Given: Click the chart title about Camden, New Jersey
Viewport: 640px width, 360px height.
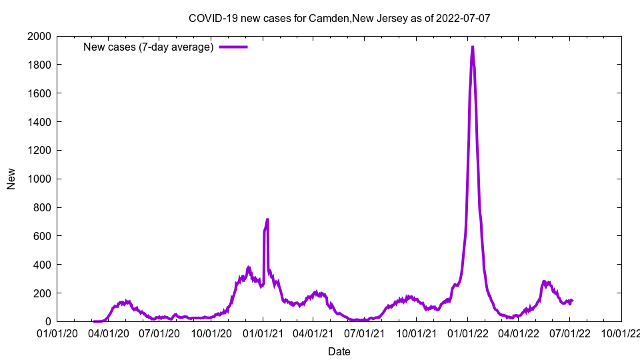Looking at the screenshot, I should pyautogui.click(x=339, y=18).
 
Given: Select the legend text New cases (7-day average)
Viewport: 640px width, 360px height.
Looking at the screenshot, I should pyautogui.click(x=148, y=47).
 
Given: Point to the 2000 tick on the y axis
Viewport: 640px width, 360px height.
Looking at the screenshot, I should pyautogui.click(x=41, y=36).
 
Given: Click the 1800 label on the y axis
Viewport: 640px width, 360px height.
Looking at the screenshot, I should pyautogui.click(x=41, y=65).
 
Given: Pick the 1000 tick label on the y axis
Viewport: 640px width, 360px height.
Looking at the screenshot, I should pyautogui.click(x=41, y=179).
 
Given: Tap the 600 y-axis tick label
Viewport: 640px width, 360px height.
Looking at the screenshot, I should pyautogui.click(x=44, y=236).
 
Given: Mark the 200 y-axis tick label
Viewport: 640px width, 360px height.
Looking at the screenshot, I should pyautogui.click(x=44, y=293).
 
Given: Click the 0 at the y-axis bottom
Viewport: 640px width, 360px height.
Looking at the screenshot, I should pyautogui.click(x=49, y=322).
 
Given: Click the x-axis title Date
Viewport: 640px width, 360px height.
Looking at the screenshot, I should pyautogui.click(x=339, y=351).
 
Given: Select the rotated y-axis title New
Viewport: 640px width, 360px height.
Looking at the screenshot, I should pyautogui.click(x=11, y=179).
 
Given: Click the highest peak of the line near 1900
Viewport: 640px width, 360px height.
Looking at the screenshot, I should pyautogui.click(x=473, y=47).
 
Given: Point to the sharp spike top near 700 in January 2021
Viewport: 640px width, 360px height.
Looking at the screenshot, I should pyautogui.click(x=267, y=219).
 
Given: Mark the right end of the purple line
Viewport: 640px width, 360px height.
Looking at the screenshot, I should pyautogui.click(x=572, y=301).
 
